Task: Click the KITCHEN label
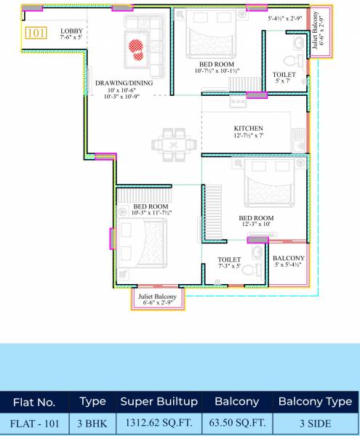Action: [249, 129]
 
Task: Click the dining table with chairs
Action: [173, 141]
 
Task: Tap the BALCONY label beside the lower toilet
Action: [289, 259]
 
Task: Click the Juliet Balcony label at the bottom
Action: [157, 297]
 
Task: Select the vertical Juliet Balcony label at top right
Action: [316, 34]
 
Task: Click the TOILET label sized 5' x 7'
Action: [284, 75]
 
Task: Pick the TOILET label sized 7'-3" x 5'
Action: [229, 259]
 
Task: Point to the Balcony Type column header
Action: [316, 401]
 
